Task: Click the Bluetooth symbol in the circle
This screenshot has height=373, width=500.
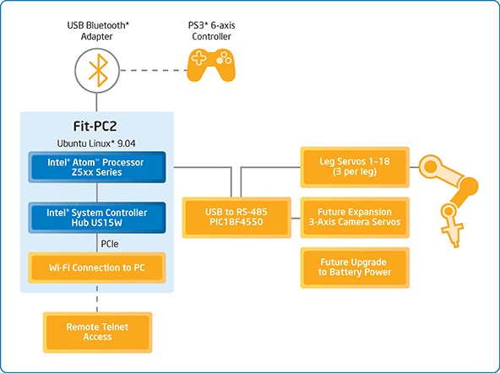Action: point(98,70)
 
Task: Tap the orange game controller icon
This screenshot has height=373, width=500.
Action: point(211,65)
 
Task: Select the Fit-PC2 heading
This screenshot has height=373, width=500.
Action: point(95,126)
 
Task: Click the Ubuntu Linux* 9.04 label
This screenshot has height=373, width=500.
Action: point(96,143)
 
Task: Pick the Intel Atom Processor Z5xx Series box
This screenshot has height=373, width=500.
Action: point(97,167)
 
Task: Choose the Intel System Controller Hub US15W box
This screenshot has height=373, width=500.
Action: point(97,218)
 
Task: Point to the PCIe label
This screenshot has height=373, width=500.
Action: point(110,244)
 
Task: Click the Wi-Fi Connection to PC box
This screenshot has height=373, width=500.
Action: point(97,268)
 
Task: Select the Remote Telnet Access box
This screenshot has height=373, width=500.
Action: point(97,332)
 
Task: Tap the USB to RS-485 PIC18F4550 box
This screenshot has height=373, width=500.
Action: point(236,218)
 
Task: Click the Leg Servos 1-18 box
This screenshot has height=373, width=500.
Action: point(355,167)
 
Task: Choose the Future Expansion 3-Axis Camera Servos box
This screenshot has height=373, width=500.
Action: point(355,218)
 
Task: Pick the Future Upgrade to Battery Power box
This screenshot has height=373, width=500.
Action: point(355,268)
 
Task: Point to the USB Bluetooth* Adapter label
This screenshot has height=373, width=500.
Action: point(98,30)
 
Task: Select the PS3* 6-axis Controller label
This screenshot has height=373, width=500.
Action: point(211,30)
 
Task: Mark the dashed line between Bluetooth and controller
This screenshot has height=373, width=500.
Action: point(154,70)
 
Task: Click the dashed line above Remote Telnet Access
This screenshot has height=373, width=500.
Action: point(97,299)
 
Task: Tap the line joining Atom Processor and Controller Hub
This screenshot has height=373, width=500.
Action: point(97,192)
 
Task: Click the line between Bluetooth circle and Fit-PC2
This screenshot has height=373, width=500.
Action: point(97,102)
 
